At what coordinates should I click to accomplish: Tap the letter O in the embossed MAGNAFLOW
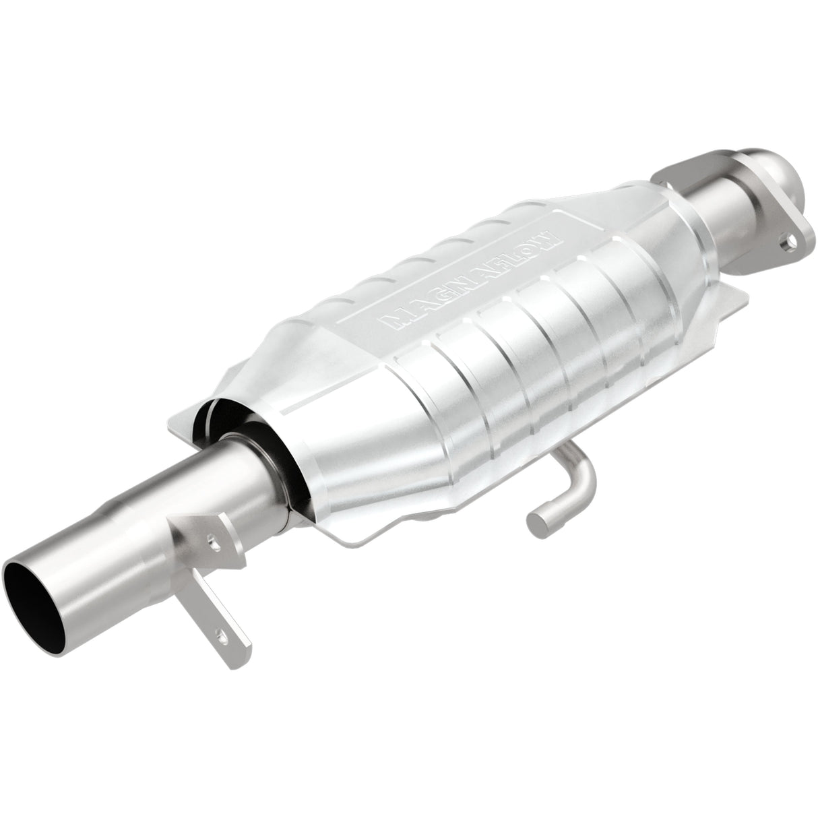point(532,247)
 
